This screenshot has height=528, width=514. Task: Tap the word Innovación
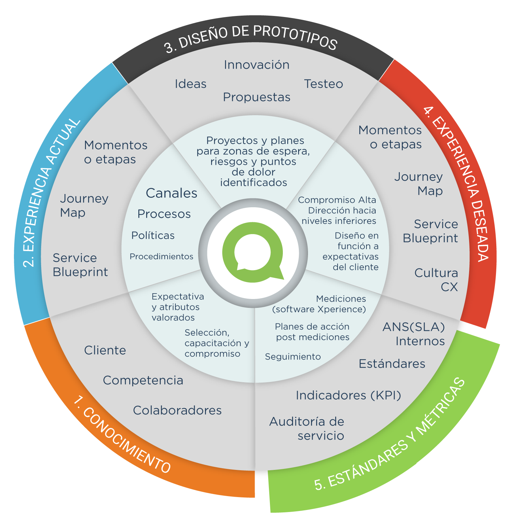pos(257,65)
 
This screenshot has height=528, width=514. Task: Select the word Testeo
pos(323,84)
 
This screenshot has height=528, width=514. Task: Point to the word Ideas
pos(190,84)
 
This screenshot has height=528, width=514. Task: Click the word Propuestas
pos(257,97)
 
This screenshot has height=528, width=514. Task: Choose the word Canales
pos(171,193)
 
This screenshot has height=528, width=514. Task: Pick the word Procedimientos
pos(161,257)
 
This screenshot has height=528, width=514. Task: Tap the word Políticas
pos(153,235)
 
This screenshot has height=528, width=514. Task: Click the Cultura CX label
pos(436,280)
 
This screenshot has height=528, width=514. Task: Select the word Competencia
pos(143,380)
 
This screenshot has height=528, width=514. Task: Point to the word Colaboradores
pos(177,410)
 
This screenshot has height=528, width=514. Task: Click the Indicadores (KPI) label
pos(348,395)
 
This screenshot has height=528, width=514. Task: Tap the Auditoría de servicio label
pos(307,428)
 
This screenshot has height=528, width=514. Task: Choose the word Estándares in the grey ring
pos(392,364)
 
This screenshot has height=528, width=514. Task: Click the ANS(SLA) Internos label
pos(414,334)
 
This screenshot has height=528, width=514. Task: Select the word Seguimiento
pos(293,356)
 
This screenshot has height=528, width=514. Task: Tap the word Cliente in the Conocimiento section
pos(105,350)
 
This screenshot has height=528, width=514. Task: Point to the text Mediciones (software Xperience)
pos(319,304)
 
